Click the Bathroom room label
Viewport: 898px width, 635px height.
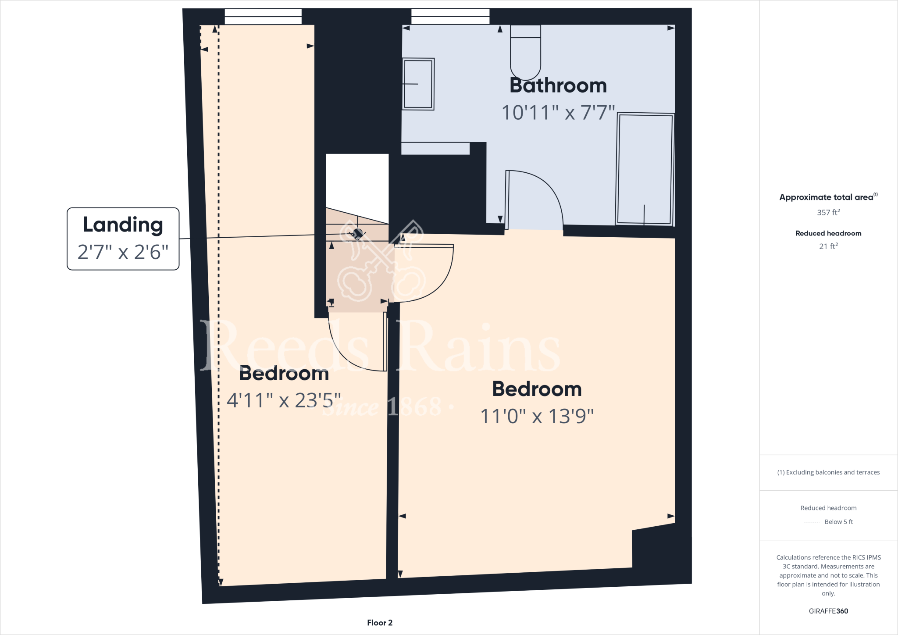pos(558,86)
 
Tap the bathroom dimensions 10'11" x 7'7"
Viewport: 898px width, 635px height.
pos(558,113)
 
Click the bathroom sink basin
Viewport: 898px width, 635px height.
pos(418,84)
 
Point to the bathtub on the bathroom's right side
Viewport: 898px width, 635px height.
pos(645,169)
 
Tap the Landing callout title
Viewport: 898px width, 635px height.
pos(123,225)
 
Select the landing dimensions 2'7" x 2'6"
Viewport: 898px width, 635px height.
pos(123,252)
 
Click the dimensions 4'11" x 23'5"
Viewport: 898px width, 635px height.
pos(283,400)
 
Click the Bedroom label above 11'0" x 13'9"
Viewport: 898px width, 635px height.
pos(537,389)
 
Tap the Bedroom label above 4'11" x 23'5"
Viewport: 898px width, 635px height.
pos(284,374)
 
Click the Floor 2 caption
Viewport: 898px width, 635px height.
pos(380,623)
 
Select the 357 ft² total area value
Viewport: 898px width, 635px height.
pos(828,212)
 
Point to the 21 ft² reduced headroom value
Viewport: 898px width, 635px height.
pos(828,246)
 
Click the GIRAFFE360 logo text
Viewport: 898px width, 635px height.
pos(828,611)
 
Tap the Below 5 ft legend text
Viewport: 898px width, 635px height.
pos(838,522)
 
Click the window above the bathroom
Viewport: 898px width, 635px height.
pos(450,17)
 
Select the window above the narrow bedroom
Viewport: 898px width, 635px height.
pos(263,17)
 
